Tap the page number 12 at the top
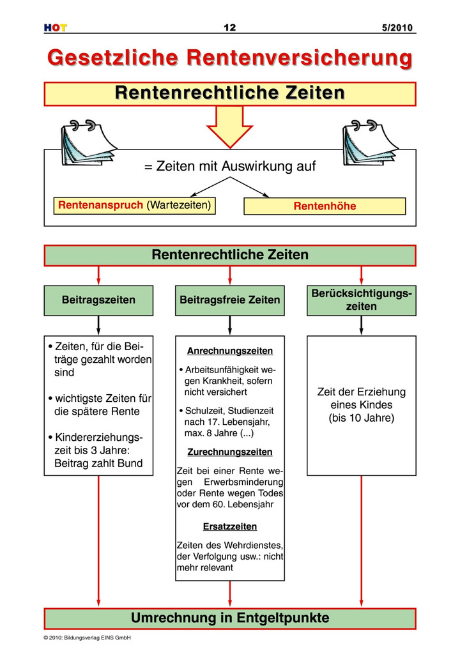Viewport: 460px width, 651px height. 229,27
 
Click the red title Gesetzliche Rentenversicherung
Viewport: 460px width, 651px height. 229,57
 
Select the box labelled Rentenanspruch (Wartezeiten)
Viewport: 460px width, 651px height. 134,206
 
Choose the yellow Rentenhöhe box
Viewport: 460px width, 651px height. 325,206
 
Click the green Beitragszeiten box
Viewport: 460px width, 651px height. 98,300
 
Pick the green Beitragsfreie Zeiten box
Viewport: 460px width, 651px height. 229,300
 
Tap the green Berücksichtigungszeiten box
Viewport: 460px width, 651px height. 361,300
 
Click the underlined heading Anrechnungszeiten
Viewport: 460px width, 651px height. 229,351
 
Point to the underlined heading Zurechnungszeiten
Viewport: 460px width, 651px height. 229,452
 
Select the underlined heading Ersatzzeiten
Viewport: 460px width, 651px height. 229,527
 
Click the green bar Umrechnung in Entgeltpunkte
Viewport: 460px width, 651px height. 229,618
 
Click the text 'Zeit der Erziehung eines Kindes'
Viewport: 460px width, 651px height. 361,399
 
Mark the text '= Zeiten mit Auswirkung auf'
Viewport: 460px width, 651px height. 229,167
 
